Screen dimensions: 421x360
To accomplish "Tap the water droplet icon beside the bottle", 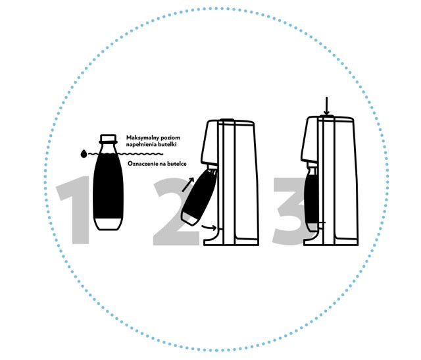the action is (x=84, y=153).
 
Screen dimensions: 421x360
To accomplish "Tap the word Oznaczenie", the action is (x=143, y=164).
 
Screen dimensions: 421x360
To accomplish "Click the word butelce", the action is (x=177, y=164).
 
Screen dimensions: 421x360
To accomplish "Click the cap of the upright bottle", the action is (x=108, y=138).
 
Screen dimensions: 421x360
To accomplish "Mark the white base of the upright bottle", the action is (x=108, y=224).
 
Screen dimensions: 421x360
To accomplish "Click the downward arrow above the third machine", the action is (x=326, y=106).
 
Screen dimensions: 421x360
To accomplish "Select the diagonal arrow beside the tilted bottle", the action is (x=188, y=184).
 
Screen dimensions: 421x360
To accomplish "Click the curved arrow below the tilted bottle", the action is (x=209, y=228).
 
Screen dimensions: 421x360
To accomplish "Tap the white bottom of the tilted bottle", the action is (x=190, y=219).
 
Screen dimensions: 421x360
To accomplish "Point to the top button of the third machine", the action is (x=326, y=116).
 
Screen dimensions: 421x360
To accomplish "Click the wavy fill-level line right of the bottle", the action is (x=139, y=154).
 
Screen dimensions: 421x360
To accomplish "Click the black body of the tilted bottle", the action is (x=200, y=193).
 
